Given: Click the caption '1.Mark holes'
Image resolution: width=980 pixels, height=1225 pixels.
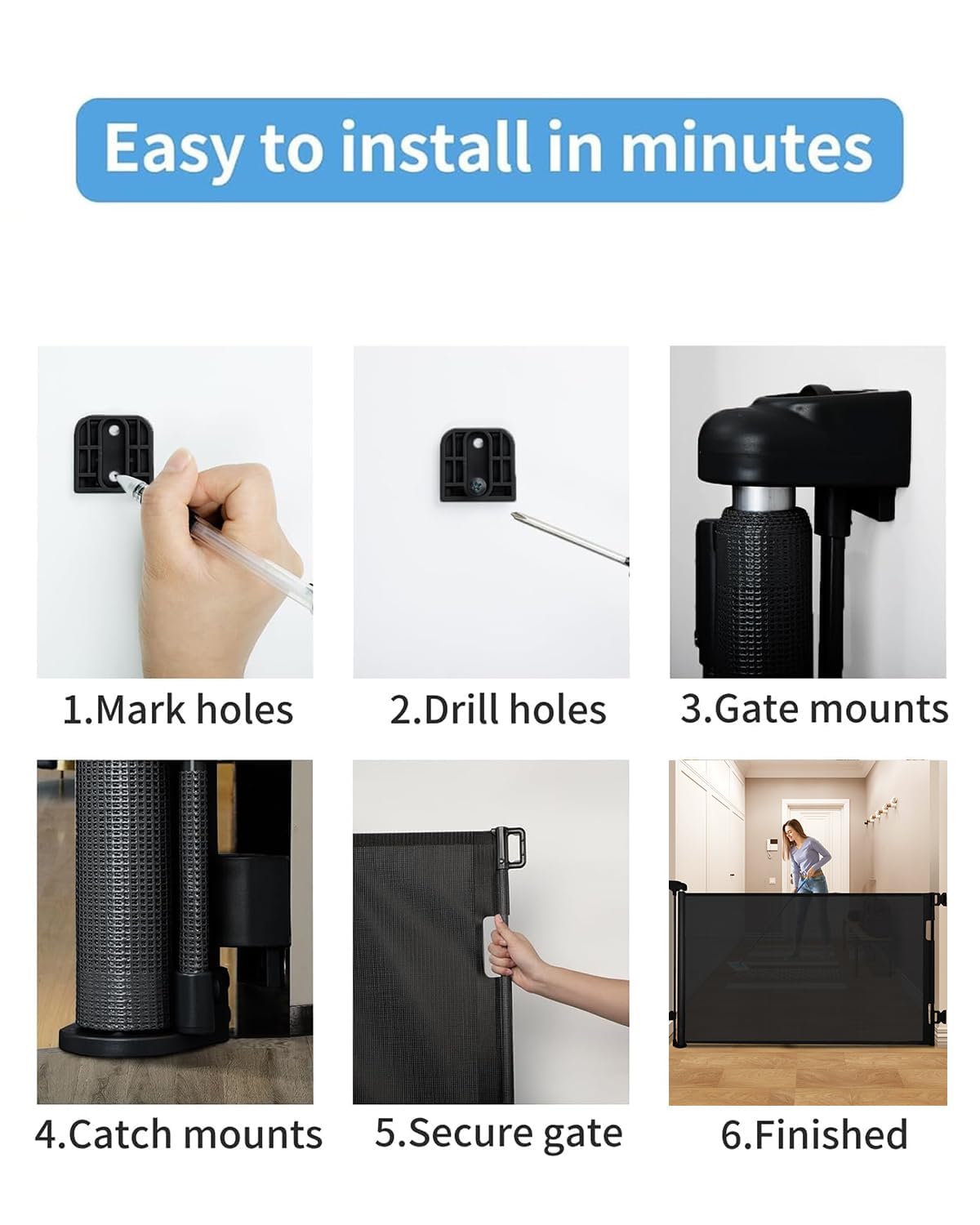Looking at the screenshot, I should coord(178,710).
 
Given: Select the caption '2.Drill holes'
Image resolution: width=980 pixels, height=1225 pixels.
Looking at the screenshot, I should coord(497,710).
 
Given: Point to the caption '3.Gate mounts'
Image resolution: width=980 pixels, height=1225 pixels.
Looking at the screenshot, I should coord(814,709).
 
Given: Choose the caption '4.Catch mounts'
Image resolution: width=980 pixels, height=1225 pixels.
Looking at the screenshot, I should coord(178,1134).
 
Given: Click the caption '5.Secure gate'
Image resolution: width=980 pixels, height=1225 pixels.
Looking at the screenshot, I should coord(498,1134).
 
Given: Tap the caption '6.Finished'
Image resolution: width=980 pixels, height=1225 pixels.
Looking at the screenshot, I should coord(814,1134).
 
